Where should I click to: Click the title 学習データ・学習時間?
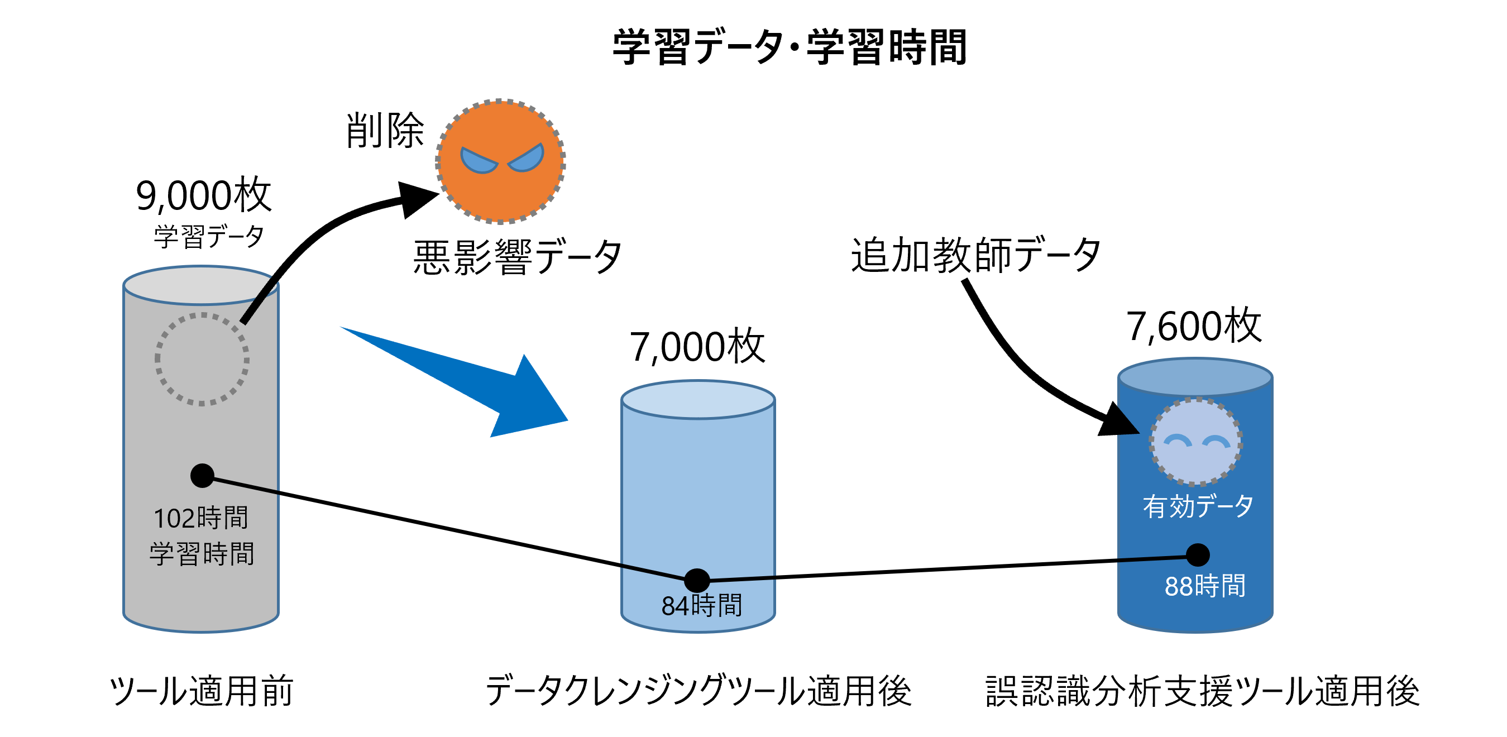point(789,47)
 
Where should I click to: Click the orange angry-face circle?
point(500,161)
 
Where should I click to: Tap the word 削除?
point(385,131)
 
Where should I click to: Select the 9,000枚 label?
point(204,195)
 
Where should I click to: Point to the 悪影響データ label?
point(517,257)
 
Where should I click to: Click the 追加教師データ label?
point(975,255)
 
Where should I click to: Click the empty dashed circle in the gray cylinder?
point(202,359)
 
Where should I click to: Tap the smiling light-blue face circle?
point(1196,442)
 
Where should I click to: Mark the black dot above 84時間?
point(697,580)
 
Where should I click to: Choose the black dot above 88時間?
point(1198,555)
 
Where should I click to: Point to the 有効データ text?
point(1198,506)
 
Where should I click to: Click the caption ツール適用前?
point(201,691)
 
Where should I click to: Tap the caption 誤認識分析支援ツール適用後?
point(1202,691)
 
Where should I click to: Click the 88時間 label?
point(1204,586)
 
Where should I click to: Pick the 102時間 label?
point(200,518)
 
